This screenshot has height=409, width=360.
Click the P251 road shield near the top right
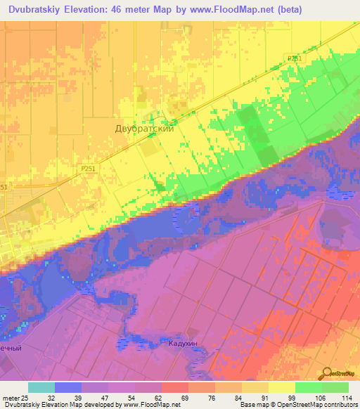294,59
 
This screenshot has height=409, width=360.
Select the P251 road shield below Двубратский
88,169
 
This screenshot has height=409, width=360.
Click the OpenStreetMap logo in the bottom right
339,376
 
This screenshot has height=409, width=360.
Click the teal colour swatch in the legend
41,387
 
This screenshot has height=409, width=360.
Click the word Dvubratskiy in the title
37,11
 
